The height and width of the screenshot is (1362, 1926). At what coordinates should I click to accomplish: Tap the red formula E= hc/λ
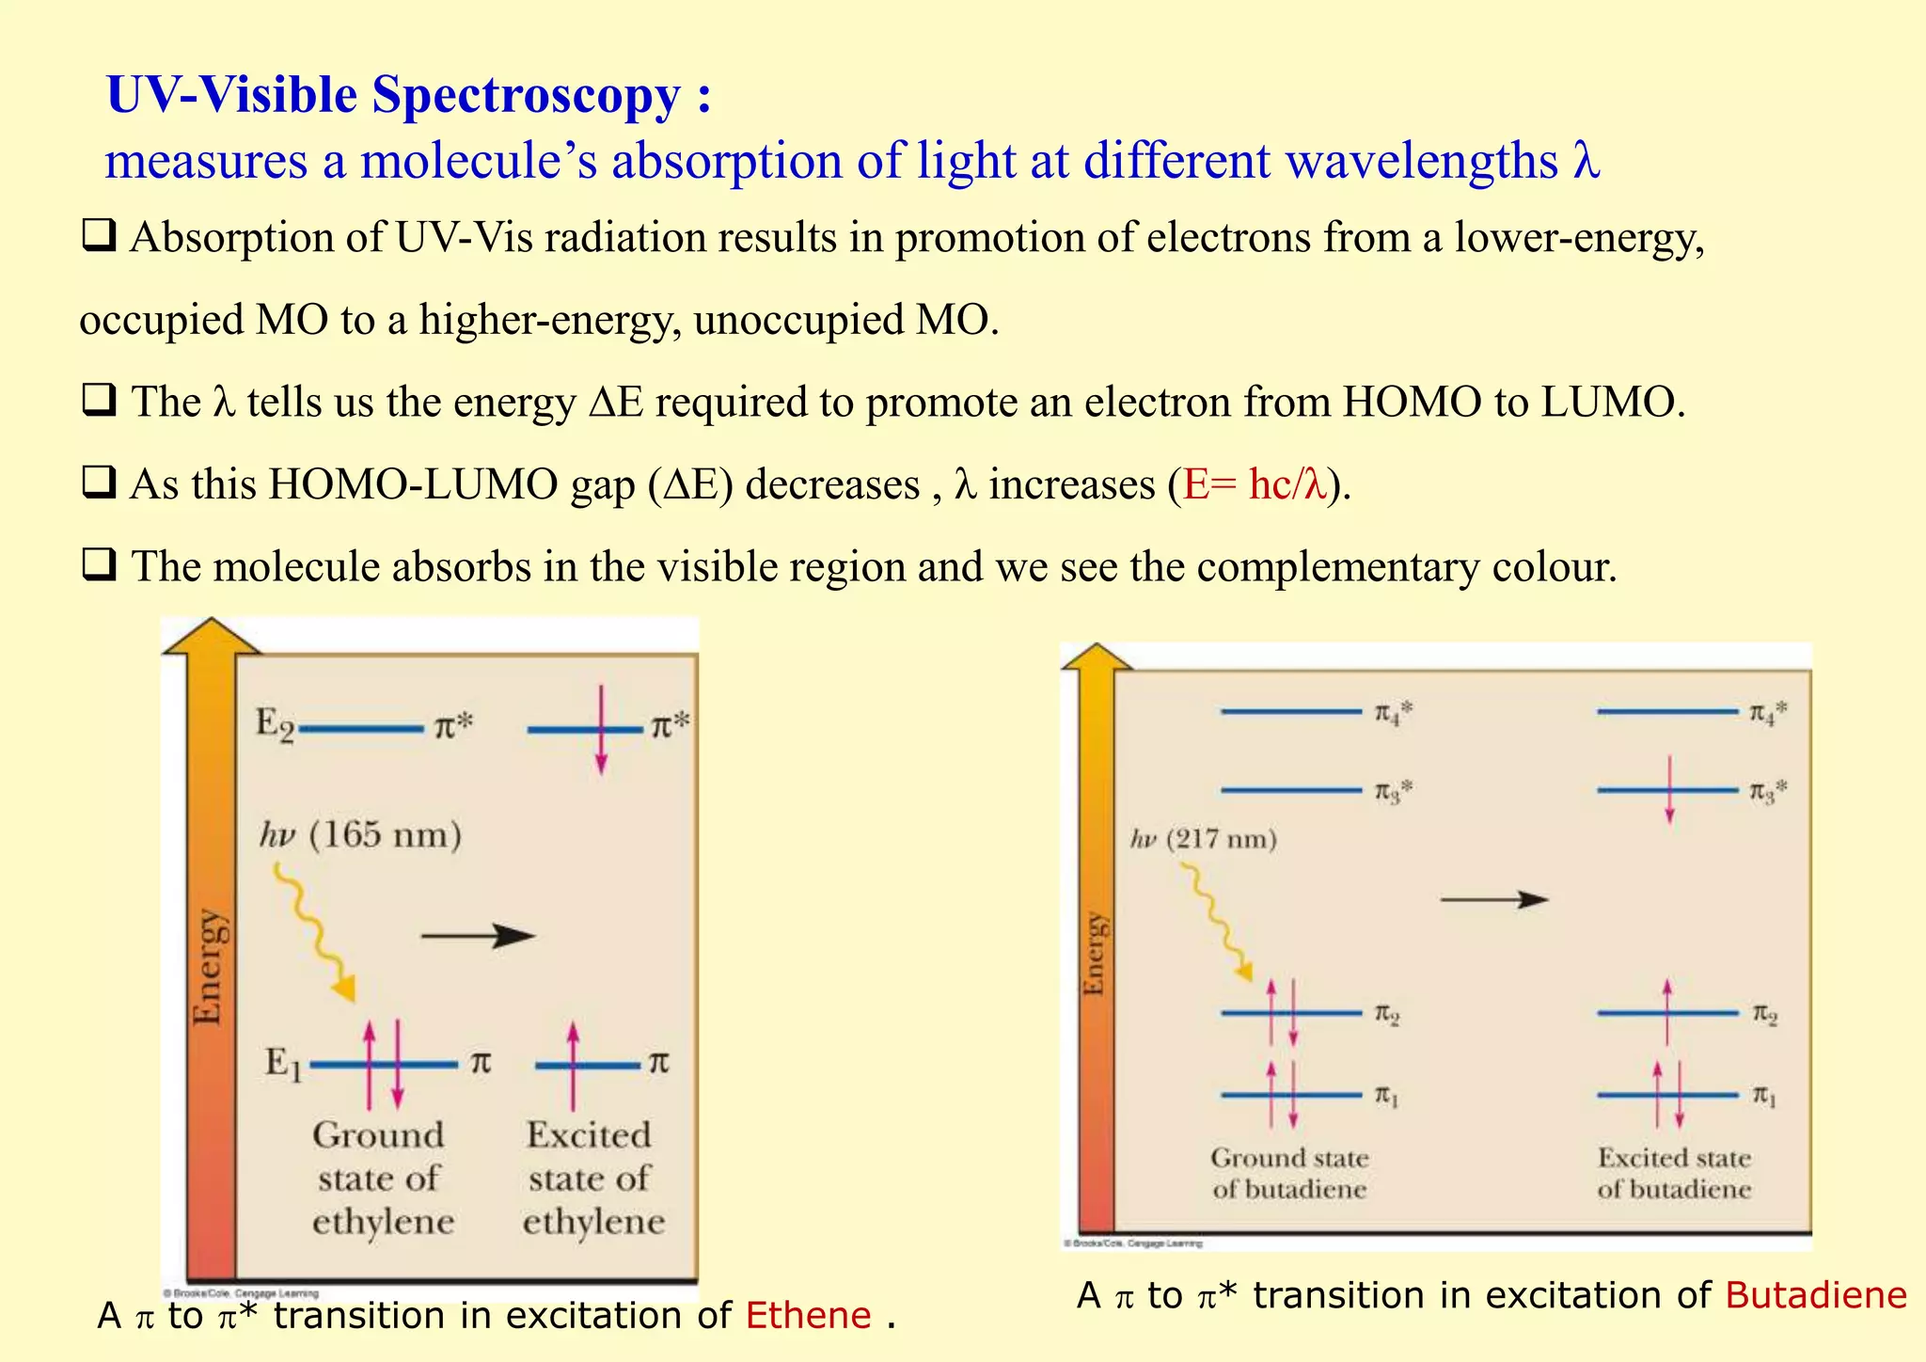(x=1255, y=485)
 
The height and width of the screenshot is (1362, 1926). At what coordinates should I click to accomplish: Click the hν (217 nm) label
(x=1203, y=839)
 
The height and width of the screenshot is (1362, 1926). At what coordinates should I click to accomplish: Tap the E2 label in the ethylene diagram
(x=275, y=726)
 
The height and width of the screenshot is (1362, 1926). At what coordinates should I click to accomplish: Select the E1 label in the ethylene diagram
(x=283, y=1064)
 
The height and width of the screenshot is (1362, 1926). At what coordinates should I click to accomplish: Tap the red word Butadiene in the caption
(x=1816, y=1296)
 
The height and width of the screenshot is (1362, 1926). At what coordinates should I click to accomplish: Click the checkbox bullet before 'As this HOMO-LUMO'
(x=99, y=483)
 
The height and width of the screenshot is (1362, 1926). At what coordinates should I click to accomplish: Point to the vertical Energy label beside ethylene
(x=208, y=966)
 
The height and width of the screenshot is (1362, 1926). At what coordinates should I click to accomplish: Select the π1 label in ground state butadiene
(x=1386, y=1096)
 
